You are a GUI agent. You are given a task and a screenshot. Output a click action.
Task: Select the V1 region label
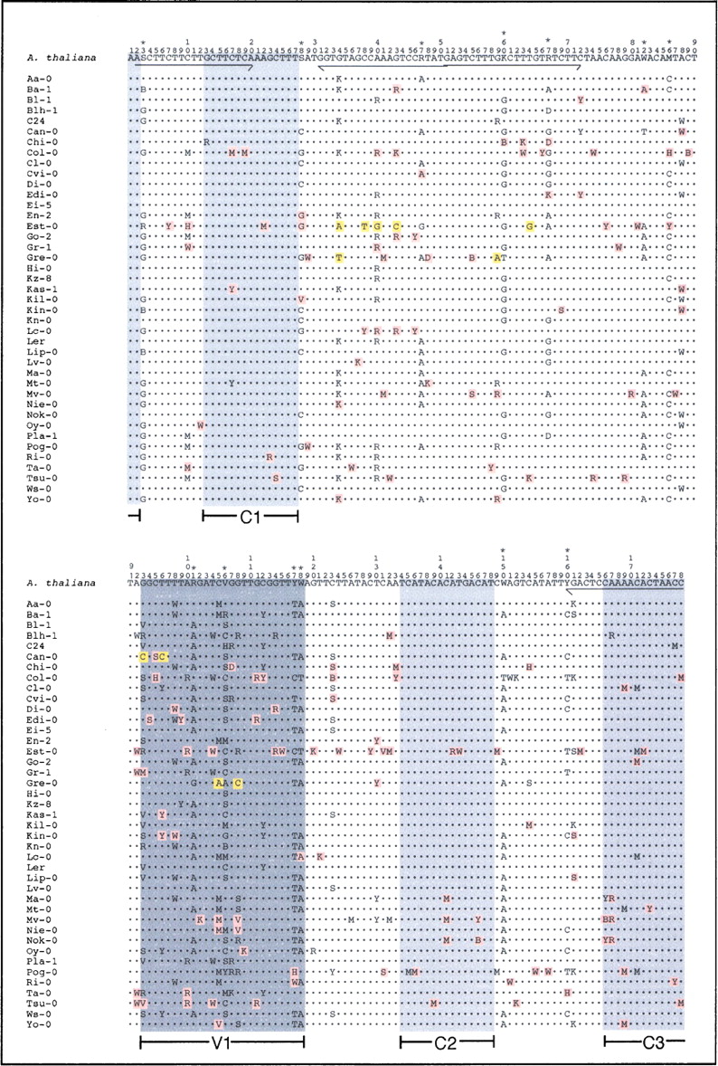point(222,1042)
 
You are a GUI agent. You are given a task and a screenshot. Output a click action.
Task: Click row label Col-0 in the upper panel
point(41,152)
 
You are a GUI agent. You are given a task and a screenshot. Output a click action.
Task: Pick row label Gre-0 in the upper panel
point(41,257)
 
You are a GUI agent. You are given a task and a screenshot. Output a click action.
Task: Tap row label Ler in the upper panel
point(35,341)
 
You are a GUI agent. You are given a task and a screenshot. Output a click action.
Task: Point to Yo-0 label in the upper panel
point(38,499)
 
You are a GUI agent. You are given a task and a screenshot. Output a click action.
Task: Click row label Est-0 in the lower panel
point(41,751)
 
